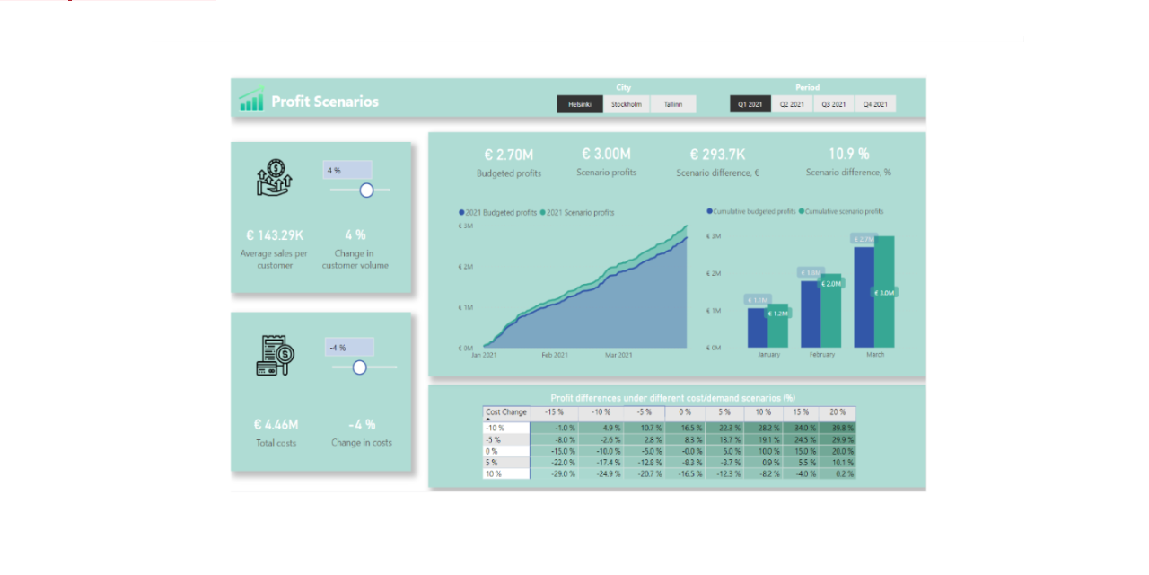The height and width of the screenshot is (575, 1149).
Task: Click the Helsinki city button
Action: coord(579,104)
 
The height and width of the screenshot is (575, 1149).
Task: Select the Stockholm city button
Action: coord(627,104)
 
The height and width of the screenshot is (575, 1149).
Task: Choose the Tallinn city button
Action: coord(673,104)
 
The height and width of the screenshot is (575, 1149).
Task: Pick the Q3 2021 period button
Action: coord(834,104)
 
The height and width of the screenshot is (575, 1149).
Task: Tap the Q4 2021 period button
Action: coord(875,104)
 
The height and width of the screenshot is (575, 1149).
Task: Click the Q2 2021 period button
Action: coord(792,104)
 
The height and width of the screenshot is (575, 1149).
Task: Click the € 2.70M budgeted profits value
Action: coord(508,155)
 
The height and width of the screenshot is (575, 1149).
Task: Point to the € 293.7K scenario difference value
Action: coord(717,155)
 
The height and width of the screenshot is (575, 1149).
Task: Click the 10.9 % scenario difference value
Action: coord(848,155)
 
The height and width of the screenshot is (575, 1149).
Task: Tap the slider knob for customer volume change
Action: coord(366,190)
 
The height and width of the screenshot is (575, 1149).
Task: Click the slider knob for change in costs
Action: coord(360,367)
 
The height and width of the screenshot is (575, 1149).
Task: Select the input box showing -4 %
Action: coord(349,347)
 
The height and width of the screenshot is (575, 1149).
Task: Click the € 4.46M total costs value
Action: coord(276,424)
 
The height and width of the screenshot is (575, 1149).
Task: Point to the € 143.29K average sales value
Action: coord(275,235)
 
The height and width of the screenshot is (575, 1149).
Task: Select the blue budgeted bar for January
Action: coord(757,327)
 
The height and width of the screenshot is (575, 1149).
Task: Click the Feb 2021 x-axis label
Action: coord(554,356)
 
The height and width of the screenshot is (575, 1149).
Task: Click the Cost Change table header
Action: coord(506,412)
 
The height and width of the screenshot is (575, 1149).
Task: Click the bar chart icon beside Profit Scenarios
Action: coord(251,100)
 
